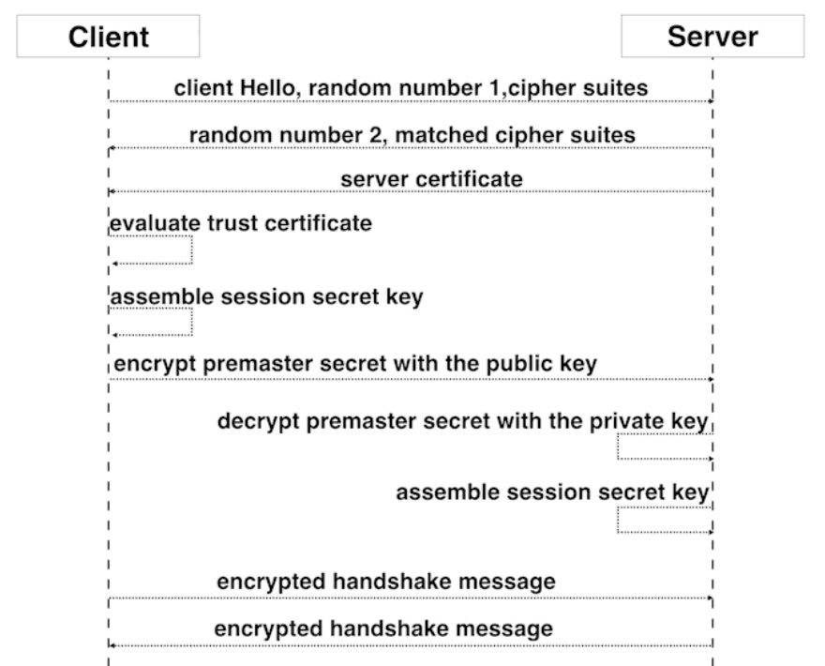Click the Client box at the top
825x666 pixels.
click(109, 36)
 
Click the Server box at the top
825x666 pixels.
click(712, 36)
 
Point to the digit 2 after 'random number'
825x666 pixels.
click(374, 135)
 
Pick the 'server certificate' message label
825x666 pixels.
click(431, 179)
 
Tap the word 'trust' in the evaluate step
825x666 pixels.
click(233, 223)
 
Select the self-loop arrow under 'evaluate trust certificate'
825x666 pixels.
click(191, 250)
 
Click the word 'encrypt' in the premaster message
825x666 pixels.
click(155, 364)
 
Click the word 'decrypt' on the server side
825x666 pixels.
click(259, 422)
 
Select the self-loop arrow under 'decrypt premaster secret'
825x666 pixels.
click(618, 447)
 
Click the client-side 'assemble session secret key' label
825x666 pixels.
click(266, 297)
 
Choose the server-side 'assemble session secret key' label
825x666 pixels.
click(552, 492)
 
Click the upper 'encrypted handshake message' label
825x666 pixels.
click(386, 582)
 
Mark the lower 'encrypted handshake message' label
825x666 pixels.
click(383, 628)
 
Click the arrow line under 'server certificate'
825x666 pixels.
click(411, 191)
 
